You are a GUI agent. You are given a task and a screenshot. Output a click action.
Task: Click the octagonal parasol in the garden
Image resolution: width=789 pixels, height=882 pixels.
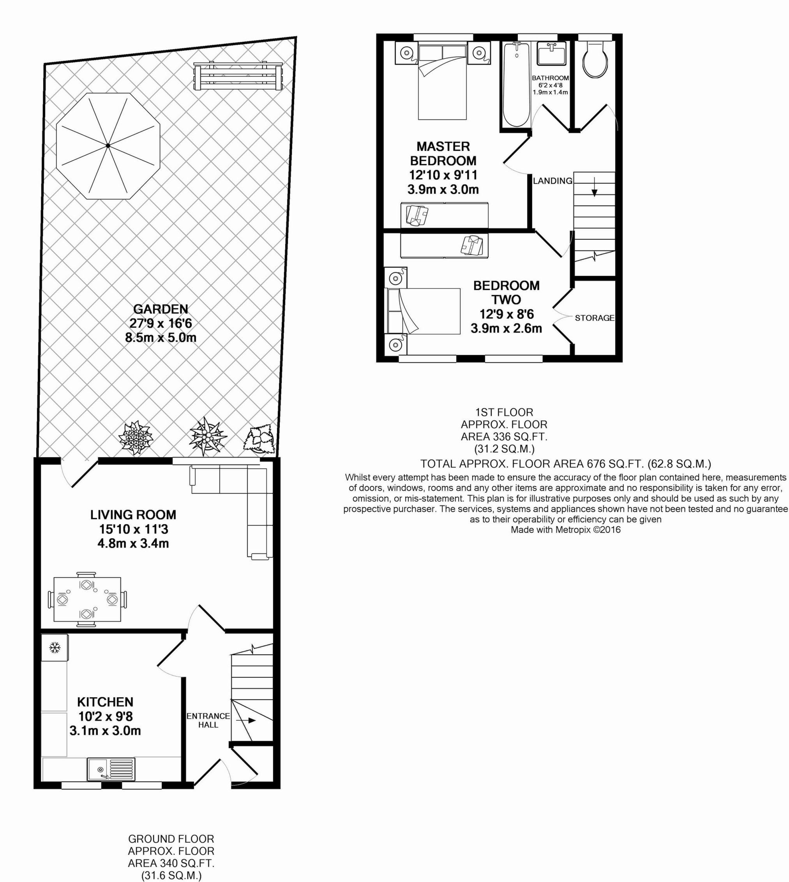click(108, 146)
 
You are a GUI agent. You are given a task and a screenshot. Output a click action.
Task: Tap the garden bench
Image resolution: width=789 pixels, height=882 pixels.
click(238, 76)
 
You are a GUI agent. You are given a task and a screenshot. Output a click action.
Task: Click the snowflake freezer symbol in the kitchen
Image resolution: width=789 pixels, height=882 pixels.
click(55, 648)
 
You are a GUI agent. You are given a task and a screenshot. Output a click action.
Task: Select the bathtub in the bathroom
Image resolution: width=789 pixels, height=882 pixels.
click(516, 85)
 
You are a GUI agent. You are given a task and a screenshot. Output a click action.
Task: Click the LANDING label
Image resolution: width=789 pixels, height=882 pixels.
click(552, 181)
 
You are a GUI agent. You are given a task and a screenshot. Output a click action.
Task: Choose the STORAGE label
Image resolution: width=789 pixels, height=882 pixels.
click(594, 318)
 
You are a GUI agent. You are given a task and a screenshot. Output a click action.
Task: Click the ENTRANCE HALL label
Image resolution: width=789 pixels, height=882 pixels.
click(208, 720)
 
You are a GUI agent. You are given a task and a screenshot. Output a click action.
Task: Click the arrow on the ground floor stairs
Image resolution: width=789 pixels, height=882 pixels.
click(249, 721)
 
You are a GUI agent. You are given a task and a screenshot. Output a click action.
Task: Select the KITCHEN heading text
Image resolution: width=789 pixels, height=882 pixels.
click(105, 702)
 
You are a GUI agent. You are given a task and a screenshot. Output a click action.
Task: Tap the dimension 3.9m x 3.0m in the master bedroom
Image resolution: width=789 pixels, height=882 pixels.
click(443, 189)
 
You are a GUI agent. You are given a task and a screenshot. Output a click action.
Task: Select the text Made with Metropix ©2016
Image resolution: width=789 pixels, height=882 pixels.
click(565, 529)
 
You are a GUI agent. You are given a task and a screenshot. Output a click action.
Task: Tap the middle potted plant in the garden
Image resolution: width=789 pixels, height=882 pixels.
click(208, 435)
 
